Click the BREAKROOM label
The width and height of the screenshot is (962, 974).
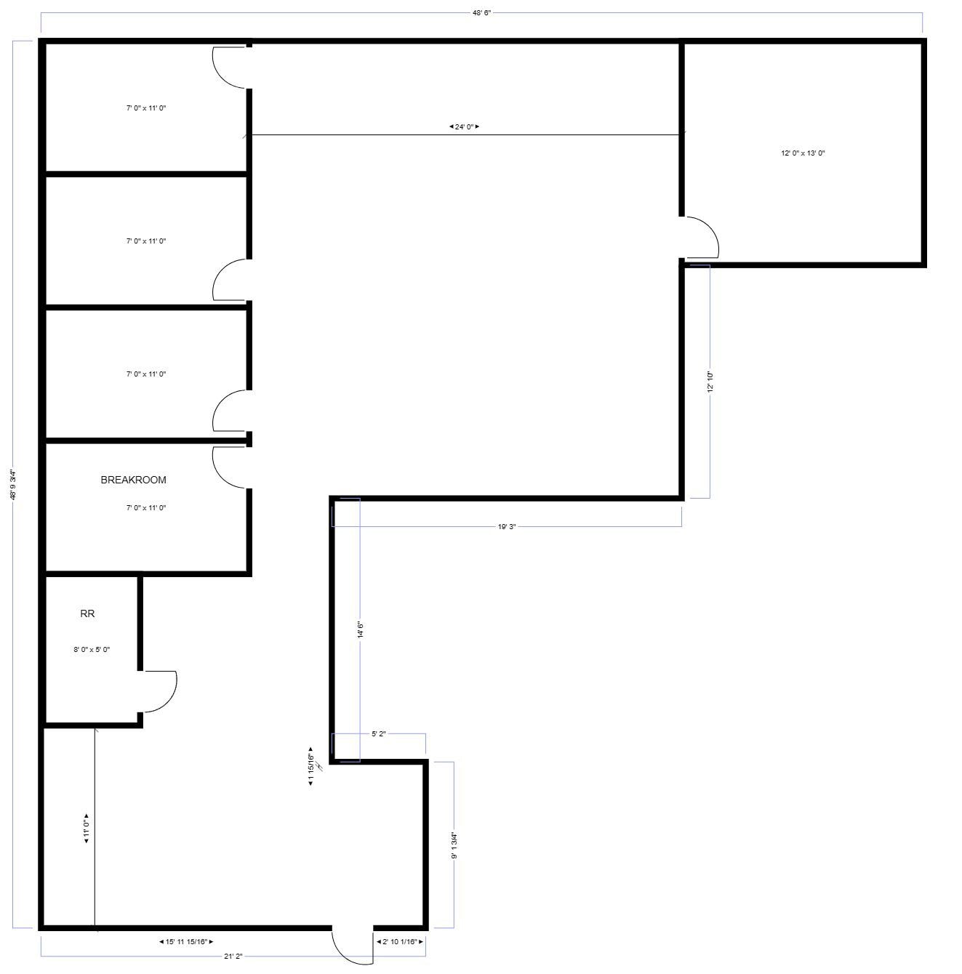pos(133,480)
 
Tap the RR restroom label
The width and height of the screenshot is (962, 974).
pos(87,613)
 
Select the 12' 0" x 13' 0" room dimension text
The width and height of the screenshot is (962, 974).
pos(803,153)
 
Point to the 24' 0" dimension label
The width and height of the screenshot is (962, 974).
pos(464,126)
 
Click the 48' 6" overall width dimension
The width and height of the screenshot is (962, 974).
pos(481,13)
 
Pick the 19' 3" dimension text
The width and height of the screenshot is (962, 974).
pos(507,526)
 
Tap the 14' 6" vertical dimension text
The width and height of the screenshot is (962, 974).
pos(360,629)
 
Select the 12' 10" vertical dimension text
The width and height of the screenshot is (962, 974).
pos(710,382)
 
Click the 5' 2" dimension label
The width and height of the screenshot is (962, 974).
pos(378,734)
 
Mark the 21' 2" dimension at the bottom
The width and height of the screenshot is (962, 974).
pos(233,957)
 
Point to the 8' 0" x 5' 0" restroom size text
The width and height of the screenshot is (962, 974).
pos(92,650)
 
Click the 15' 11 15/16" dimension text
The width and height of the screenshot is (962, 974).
pos(186,942)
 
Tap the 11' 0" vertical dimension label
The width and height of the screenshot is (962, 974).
pos(87,827)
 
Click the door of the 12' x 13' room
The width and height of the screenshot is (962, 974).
pos(702,237)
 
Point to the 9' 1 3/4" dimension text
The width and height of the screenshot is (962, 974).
pos(454,845)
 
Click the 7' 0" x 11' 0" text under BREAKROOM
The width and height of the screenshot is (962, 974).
pos(146,508)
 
